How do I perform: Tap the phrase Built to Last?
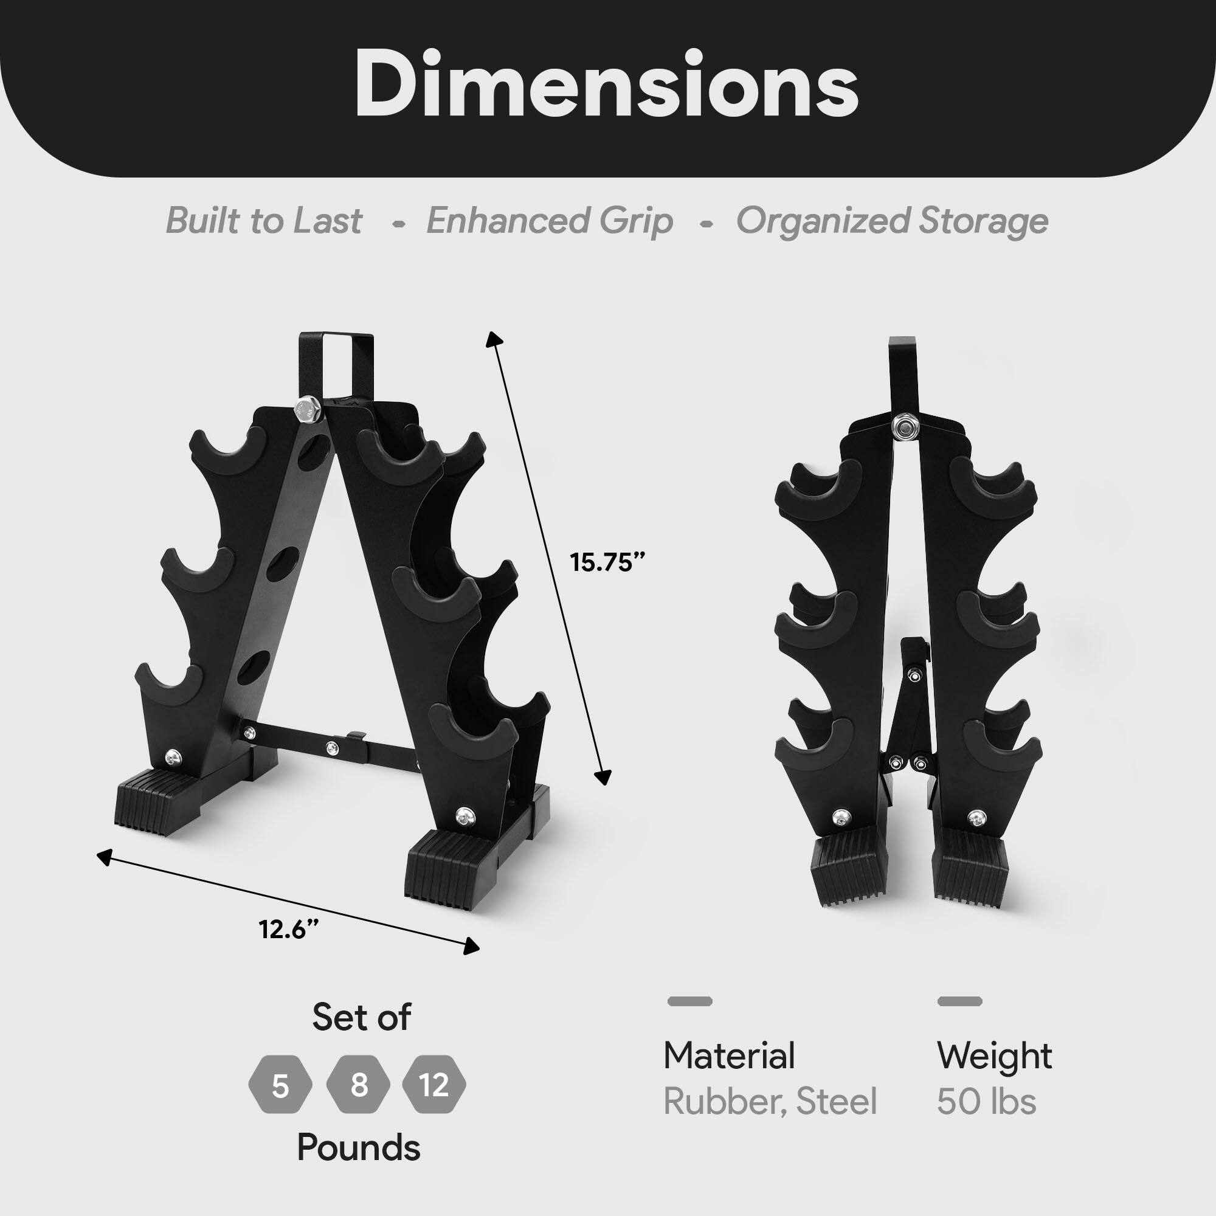coord(264,221)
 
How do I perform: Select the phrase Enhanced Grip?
coord(550,221)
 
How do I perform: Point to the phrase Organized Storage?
coord(892,221)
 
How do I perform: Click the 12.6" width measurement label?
coord(289,929)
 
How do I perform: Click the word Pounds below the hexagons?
coord(359,1147)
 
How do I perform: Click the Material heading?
coord(729,1055)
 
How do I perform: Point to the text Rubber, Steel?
coord(770,1102)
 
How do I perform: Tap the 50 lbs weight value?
coord(986,1102)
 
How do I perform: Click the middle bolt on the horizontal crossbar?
coord(332,748)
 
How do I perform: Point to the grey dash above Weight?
coord(959,1001)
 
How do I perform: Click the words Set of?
coord(361,1017)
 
